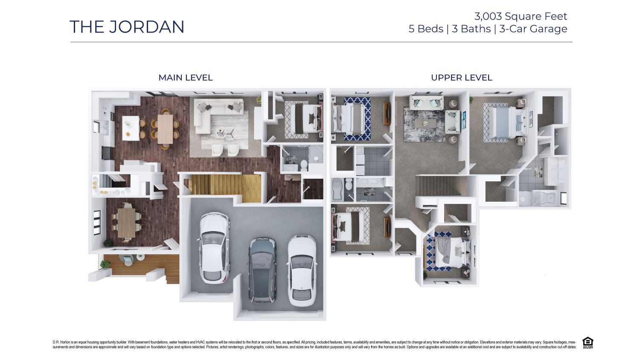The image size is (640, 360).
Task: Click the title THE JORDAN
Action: click(x=127, y=27)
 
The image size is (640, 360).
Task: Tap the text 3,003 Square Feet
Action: click(x=521, y=16)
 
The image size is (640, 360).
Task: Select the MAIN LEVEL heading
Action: click(x=185, y=78)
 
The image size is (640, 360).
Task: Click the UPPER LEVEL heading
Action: click(x=461, y=78)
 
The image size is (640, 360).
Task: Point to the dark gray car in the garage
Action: click(x=262, y=270)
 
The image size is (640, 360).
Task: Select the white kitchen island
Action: click(x=131, y=128)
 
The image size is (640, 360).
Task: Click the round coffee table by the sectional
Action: click(x=225, y=133)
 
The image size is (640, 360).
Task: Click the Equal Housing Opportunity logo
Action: click(x=588, y=343)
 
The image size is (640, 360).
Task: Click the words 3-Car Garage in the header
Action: click(x=533, y=29)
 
